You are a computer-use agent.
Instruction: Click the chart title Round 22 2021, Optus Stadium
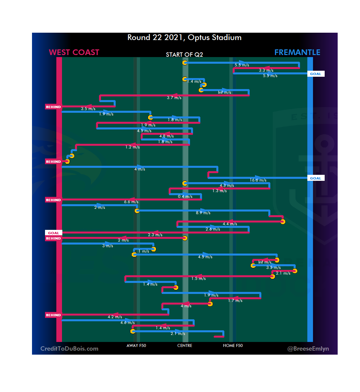pyautogui.click(x=184, y=37)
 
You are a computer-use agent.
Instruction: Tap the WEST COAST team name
pyautogui.click(x=74, y=52)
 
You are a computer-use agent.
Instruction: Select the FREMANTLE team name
pyautogui.click(x=297, y=52)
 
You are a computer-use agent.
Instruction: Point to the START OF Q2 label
pyautogui.click(x=184, y=55)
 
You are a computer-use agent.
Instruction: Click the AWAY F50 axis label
pyautogui.click(x=136, y=346)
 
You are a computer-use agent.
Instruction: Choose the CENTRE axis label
pyautogui.click(x=185, y=346)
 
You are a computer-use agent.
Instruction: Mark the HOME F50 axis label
pyautogui.click(x=233, y=346)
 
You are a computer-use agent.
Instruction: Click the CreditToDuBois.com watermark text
pyautogui.click(x=69, y=349)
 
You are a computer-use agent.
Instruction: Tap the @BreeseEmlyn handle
pyautogui.click(x=308, y=349)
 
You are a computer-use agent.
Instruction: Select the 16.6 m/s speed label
pyautogui.click(x=258, y=180)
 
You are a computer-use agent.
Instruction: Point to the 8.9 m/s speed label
pyautogui.click(x=203, y=213)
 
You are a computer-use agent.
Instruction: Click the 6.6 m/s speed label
pyautogui.click(x=131, y=202)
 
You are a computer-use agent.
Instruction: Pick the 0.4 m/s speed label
pyautogui.click(x=185, y=197)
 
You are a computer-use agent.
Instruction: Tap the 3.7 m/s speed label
pyautogui.click(x=174, y=98)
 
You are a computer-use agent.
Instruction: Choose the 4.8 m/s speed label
pyautogui.click(x=166, y=136)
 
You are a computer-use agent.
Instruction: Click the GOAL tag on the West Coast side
pyautogui.click(x=53, y=233)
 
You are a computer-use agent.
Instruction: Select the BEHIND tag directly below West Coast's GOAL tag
pyautogui.click(x=53, y=239)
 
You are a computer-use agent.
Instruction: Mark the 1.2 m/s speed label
pyautogui.click(x=132, y=147)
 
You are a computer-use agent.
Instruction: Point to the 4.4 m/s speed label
pyautogui.click(x=230, y=224)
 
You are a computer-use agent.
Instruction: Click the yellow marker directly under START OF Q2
pyautogui.click(x=185, y=63)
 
